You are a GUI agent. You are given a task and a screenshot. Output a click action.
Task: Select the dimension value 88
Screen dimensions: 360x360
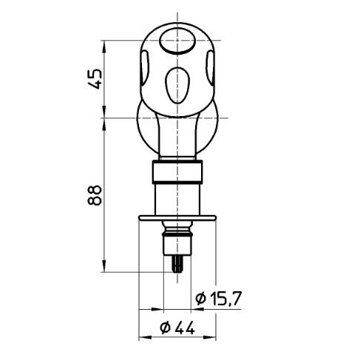pyautogui.click(x=94, y=194)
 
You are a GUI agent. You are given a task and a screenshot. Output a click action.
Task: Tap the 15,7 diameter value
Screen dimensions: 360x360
pyautogui.click(x=225, y=298)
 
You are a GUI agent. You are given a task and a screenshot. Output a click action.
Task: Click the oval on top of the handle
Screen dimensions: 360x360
pyautogui.click(x=177, y=44)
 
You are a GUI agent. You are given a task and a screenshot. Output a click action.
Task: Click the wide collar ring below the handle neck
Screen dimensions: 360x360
pyautogui.click(x=177, y=172)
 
